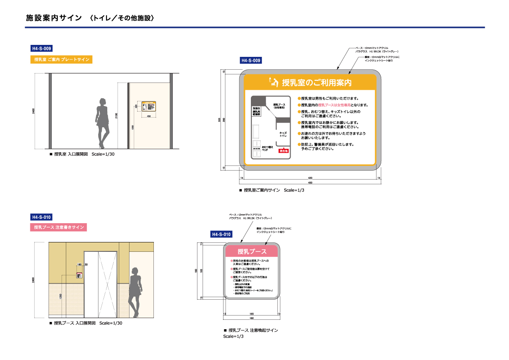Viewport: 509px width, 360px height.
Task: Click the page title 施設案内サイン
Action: [x=53, y=18]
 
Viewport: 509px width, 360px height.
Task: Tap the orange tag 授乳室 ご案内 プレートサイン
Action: [x=61, y=60]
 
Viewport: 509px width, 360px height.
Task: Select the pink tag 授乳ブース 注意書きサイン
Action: [x=59, y=227]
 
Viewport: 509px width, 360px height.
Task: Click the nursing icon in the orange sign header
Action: [x=273, y=82]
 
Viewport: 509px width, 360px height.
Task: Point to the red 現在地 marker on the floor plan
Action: [x=284, y=150]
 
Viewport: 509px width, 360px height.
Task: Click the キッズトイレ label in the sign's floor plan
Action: [x=283, y=134]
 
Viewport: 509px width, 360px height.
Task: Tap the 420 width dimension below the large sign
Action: [x=310, y=177]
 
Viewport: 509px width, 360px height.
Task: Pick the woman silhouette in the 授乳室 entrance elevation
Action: [x=102, y=122]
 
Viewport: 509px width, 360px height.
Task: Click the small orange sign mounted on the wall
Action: [x=149, y=106]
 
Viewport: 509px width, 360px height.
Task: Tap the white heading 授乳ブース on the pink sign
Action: [x=252, y=251]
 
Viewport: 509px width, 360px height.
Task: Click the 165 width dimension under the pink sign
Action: [x=252, y=314]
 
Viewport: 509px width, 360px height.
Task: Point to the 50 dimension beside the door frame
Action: [x=86, y=265]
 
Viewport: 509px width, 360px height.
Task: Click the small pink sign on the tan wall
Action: [x=79, y=275]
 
